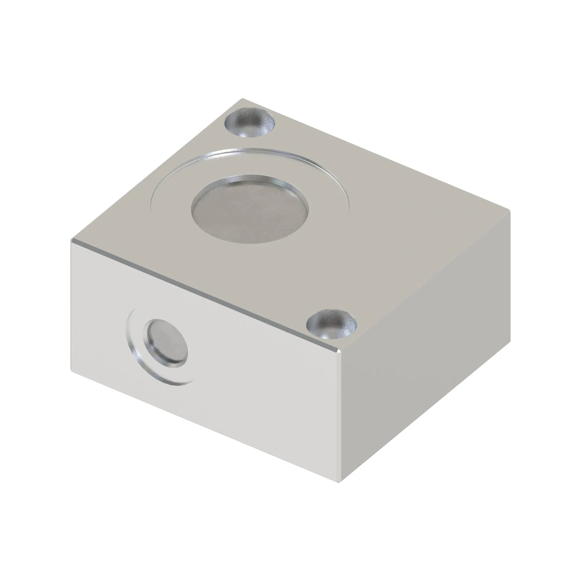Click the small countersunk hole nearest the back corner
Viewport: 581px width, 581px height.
250,123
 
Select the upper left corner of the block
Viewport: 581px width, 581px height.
71,240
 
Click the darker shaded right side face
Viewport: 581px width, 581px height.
427,346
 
